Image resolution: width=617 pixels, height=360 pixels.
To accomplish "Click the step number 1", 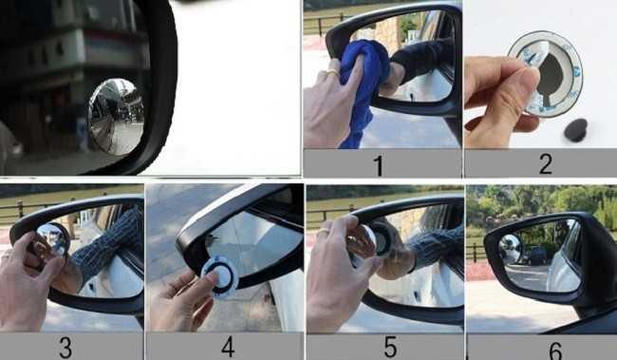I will coord(379,164).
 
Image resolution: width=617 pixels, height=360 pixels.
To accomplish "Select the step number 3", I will coord(65,347).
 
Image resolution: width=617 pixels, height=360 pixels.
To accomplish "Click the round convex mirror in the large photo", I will coord(115,116).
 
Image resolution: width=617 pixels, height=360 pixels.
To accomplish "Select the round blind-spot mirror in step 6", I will coord(511,249).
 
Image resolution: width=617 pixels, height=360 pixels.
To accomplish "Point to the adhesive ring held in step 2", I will coord(545,71).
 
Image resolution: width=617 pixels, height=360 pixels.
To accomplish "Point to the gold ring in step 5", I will coord(323,231).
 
